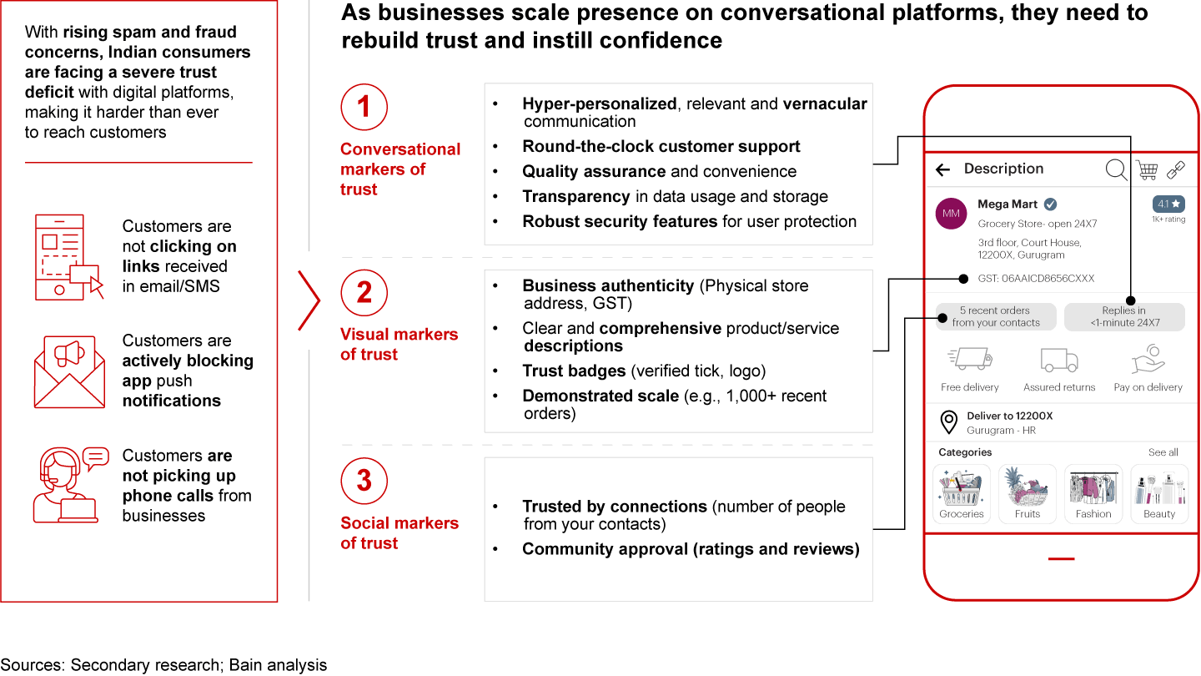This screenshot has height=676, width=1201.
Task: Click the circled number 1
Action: (x=364, y=107)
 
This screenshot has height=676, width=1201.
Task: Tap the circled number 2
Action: (x=364, y=293)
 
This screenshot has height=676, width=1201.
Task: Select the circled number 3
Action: (x=364, y=482)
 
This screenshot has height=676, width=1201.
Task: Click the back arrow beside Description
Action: (x=943, y=170)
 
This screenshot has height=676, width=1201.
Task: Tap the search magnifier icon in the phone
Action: (x=1116, y=169)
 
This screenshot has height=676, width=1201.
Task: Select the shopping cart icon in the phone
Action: (x=1147, y=169)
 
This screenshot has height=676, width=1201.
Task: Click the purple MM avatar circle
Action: (x=951, y=214)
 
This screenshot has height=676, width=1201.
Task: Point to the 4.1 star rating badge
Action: (x=1168, y=204)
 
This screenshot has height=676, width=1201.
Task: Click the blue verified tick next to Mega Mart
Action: (x=1051, y=204)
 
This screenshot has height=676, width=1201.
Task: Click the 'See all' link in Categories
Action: (x=1163, y=452)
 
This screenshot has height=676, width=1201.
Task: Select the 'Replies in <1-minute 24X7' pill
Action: (x=1124, y=317)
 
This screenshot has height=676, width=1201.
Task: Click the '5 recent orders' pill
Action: (x=996, y=317)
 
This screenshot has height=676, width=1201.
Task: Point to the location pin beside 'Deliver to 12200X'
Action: (x=948, y=422)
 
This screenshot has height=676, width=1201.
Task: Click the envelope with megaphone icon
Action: (x=69, y=371)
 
